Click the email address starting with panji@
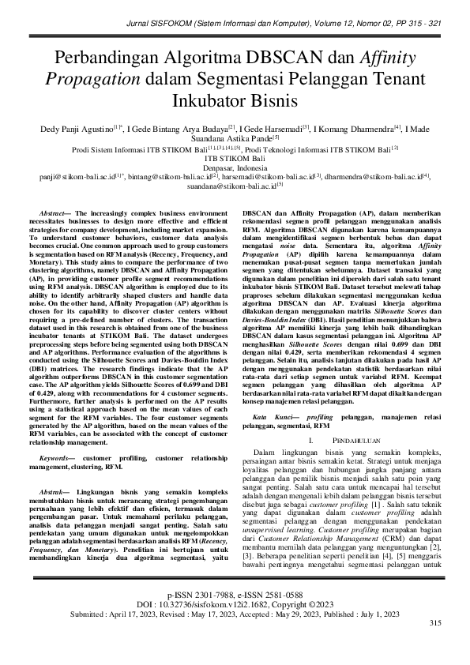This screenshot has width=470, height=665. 68,178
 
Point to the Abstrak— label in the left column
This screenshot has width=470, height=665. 56,490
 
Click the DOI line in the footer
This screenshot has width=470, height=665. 235,625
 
